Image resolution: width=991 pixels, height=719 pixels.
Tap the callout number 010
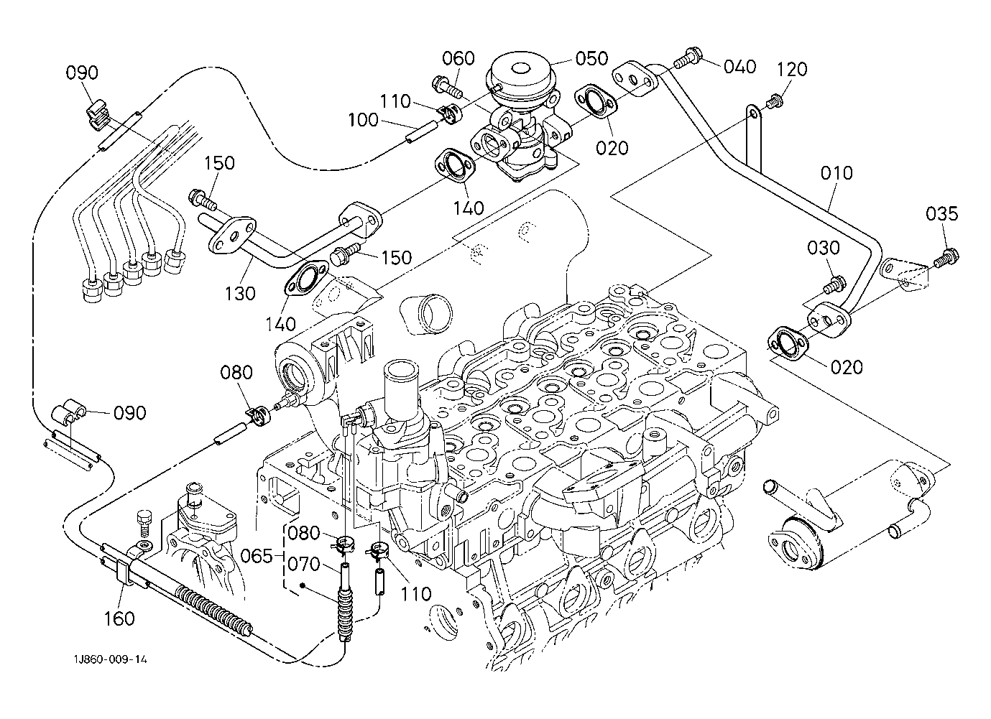(x=836, y=173)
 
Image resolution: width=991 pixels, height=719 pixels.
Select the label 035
(x=941, y=213)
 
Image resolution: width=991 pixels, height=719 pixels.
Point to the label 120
(x=791, y=70)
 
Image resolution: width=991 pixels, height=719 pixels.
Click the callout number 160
(x=119, y=618)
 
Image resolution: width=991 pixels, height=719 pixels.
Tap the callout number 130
(x=239, y=293)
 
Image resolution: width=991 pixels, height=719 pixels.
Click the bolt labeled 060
(x=445, y=88)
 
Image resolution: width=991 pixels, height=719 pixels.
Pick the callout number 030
(x=824, y=248)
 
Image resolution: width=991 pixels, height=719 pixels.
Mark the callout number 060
(x=458, y=58)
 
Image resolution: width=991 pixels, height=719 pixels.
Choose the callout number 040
(x=739, y=67)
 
